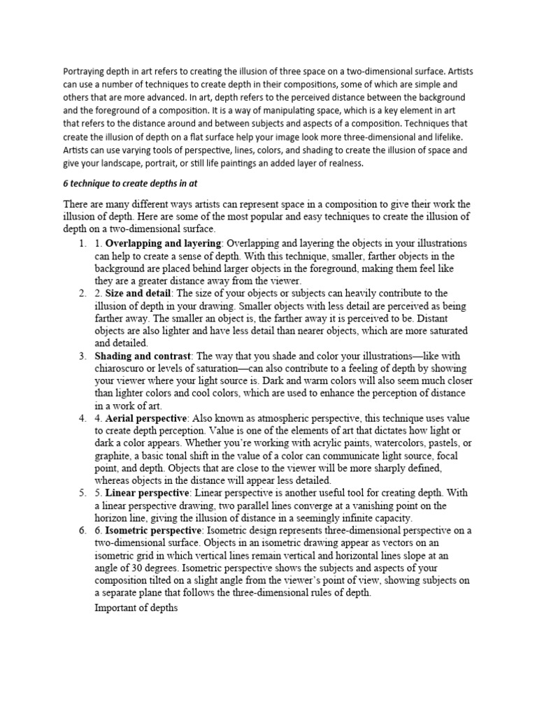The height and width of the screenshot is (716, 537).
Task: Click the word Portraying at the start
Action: (x=83, y=71)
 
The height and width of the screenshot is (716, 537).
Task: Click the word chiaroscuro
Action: (x=125, y=368)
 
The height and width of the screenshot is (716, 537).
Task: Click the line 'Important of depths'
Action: (x=136, y=608)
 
